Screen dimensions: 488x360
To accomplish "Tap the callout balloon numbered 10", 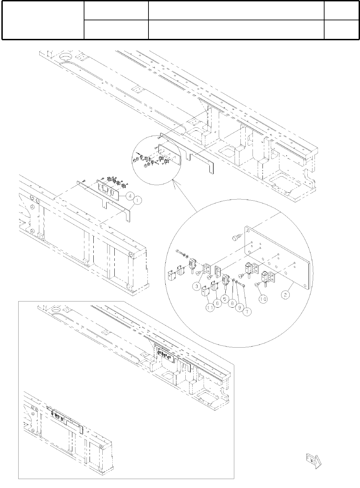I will point(263,299).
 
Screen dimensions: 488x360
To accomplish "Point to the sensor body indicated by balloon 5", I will point(226,280).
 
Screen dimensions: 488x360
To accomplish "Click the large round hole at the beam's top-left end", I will point(66,57).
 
